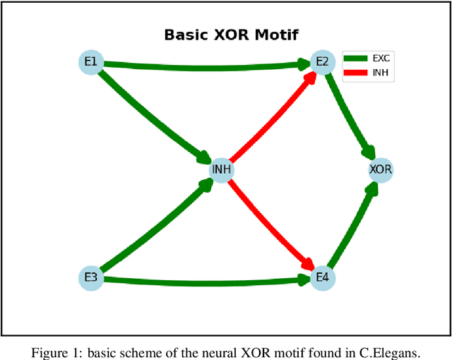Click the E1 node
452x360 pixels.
tap(90, 62)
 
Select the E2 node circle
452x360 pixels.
tap(322, 62)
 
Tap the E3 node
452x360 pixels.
tap(90, 277)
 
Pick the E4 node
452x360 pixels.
tap(322, 277)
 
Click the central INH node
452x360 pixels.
tap(222, 170)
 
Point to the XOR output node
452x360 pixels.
tap(380, 170)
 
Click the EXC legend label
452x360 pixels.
tap(381, 59)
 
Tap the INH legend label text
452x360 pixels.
tap(380, 71)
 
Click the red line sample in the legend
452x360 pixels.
tap(357, 71)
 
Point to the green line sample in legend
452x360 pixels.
tap(357, 59)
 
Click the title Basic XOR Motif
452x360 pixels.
tap(230, 35)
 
